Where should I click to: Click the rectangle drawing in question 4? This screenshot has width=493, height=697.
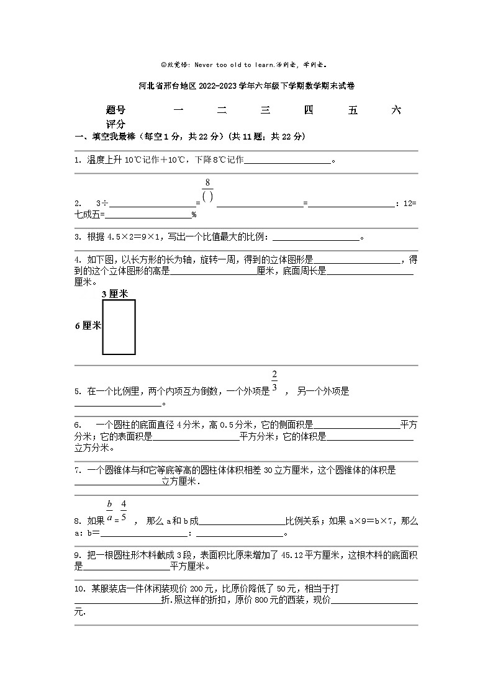[x=119, y=327]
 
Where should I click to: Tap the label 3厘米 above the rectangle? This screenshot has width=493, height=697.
[x=114, y=294]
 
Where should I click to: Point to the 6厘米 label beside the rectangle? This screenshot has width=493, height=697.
[x=88, y=326]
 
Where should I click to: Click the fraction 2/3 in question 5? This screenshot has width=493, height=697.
[x=274, y=382]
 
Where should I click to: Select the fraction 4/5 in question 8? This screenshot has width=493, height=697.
[x=124, y=510]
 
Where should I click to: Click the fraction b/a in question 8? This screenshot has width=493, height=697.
[x=109, y=510]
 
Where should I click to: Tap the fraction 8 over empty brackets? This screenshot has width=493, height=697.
[x=208, y=189]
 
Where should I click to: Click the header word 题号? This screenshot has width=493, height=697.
[x=115, y=110]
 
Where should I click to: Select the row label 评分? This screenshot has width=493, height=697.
[x=115, y=124]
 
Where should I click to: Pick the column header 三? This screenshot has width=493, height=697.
[x=266, y=110]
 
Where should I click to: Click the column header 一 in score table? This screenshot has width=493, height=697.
[x=178, y=110]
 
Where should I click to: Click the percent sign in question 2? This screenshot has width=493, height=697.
[x=194, y=215]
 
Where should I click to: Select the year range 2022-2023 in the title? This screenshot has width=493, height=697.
[x=218, y=86]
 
